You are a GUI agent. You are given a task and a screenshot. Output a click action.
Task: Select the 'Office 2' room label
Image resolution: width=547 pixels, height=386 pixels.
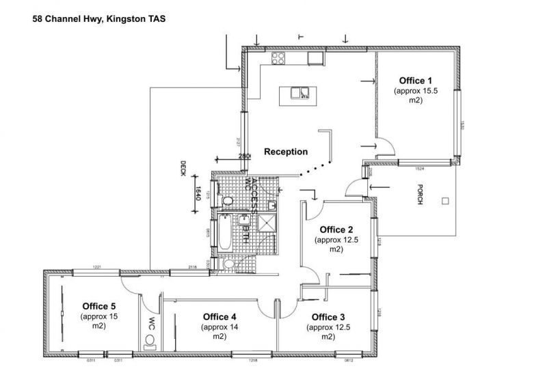point(336,230)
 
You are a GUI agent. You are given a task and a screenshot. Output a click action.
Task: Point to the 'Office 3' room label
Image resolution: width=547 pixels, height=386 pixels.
point(328,317)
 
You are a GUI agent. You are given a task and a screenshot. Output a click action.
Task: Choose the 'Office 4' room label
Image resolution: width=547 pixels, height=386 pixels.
point(219,316)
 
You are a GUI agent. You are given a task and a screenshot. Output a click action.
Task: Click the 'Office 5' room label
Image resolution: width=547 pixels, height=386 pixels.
point(99,305)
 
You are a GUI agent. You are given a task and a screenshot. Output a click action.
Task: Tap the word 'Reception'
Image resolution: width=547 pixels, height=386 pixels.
point(286,152)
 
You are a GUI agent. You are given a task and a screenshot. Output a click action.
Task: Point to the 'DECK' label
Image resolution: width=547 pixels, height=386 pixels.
point(183,168)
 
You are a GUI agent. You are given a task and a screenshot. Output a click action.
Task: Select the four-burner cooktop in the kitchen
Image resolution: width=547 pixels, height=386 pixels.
point(278,58)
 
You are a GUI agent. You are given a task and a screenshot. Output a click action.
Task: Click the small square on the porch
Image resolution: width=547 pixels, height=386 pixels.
point(445,201)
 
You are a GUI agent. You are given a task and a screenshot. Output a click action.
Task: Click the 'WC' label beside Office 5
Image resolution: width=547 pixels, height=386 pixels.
point(152,319)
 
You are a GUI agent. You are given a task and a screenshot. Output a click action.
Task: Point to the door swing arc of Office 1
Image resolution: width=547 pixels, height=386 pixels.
point(384,146)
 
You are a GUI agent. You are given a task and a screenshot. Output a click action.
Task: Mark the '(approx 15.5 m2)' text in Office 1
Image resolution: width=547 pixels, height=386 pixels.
point(416,96)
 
